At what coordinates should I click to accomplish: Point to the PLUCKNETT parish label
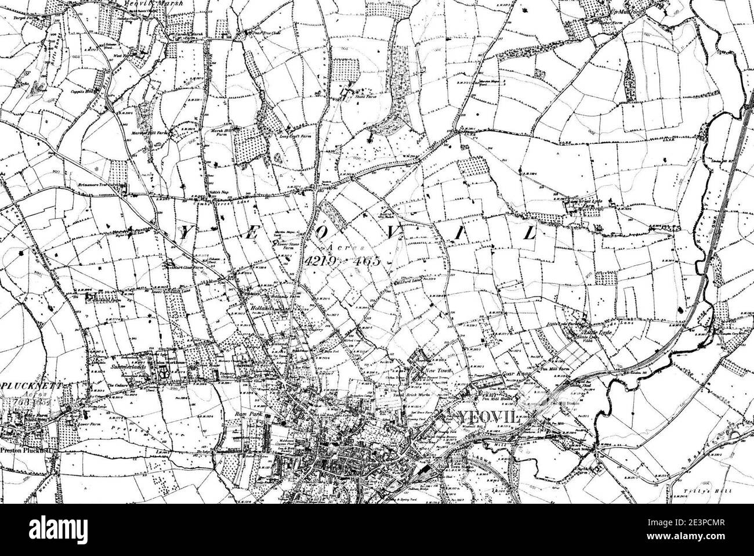coord(28,385)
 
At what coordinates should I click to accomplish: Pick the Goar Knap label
coord(513,374)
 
